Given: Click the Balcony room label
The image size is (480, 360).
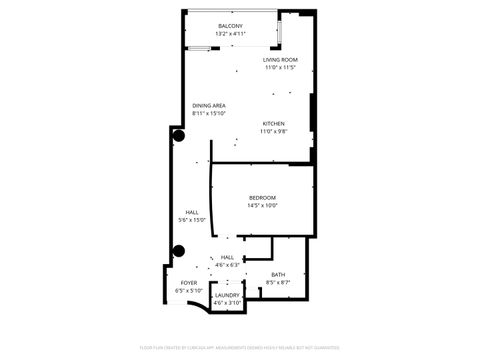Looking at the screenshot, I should tap(229, 26).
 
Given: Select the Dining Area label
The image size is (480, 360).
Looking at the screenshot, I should tap(209, 105).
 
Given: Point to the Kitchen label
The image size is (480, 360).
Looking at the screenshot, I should tap(273, 124).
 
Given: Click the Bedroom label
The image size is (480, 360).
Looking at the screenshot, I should tap(262, 198).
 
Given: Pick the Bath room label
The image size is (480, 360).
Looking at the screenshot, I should tap(277, 275).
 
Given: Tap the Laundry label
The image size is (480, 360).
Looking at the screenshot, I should tap(226, 295).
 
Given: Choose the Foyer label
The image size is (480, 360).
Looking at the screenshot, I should tap(188, 284).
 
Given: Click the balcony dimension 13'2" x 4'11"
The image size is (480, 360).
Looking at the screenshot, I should tap(229, 34).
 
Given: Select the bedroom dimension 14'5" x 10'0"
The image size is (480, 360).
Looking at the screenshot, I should tap(262, 206).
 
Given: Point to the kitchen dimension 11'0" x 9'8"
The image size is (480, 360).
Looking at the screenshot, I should tap(273, 132).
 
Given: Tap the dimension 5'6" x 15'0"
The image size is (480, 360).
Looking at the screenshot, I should tap(191, 220).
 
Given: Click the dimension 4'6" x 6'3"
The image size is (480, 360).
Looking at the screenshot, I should tap(227, 265).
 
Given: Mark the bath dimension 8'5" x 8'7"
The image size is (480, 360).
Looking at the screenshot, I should tap(277, 283).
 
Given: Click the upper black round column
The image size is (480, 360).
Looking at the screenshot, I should tap(179, 135).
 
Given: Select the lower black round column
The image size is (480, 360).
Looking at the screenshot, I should tap(179, 251).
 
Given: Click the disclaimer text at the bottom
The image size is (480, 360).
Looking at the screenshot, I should tap(239, 349).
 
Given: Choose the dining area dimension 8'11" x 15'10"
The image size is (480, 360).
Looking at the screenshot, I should tap(209, 113).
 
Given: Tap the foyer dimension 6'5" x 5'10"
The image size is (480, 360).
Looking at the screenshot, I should tap(188, 291).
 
